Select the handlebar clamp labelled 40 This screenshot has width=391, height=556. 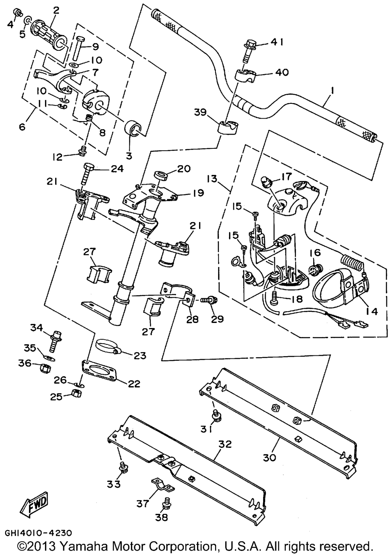(245, 75)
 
